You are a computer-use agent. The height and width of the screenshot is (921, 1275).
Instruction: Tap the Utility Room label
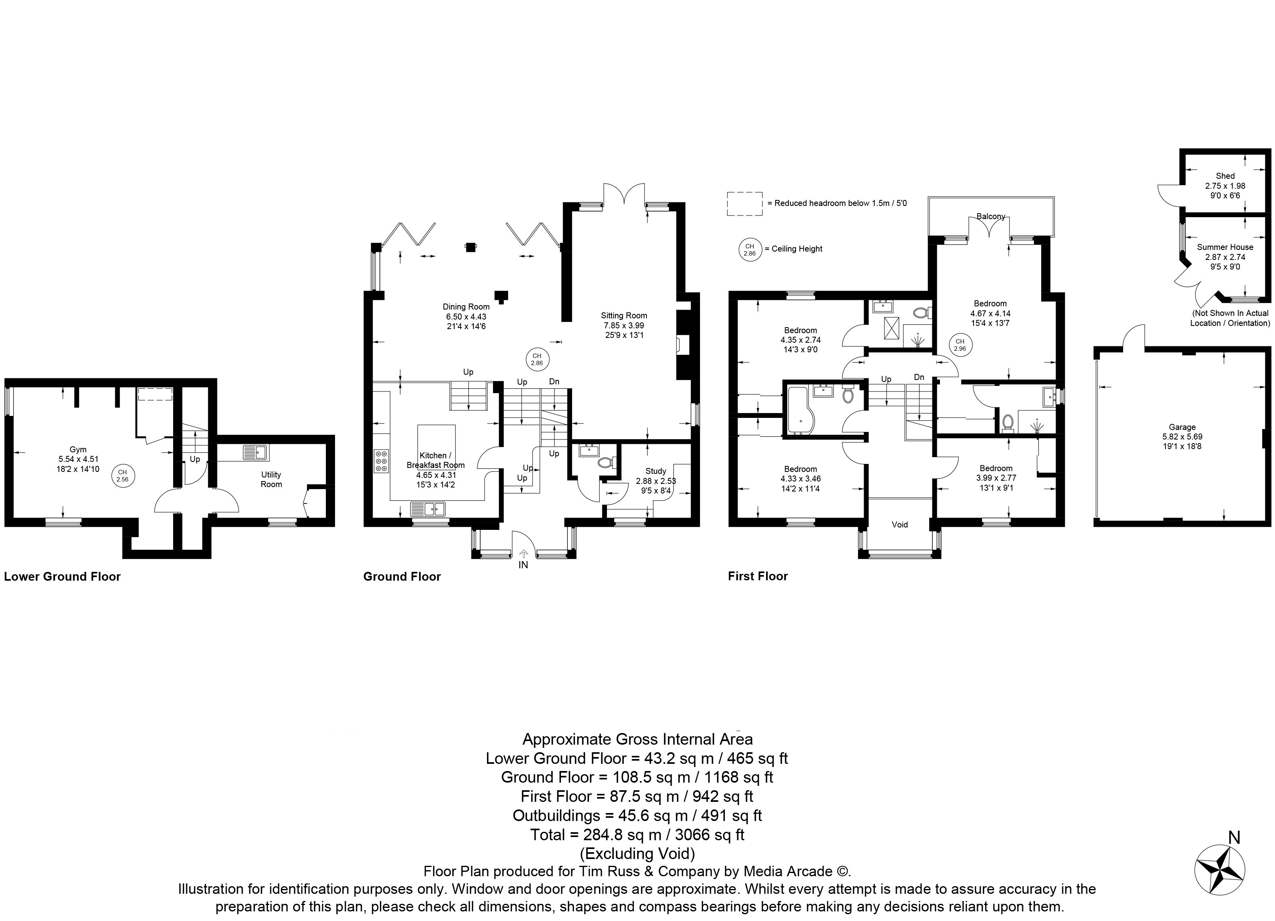pyautogui.click(x=271, y=479)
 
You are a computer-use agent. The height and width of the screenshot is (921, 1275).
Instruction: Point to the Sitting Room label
pyautogui.click(x=624, y=316)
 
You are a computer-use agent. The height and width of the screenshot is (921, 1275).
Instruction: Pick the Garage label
pyautogui.click(x=1182, y=428)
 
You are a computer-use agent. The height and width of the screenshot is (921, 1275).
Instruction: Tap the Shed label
pyautogui.click(x=1225, y=176)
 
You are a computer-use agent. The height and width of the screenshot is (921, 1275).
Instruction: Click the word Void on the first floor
pyautogui.click(x=900, y=525)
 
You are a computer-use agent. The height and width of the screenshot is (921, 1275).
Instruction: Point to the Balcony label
pyautogui.click(x=991, y=216)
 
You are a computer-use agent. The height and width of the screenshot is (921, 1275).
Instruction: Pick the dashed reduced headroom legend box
pyautogui.click(x=745, y=204)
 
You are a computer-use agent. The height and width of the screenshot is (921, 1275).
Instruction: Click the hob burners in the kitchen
pyautogui.click(x=381, y=461)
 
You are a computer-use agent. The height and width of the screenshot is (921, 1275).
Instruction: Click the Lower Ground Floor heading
pyautogui.click(x=62, y=576)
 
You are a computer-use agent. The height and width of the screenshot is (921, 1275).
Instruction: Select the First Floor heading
pyautogui.click(x=758, y=576)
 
